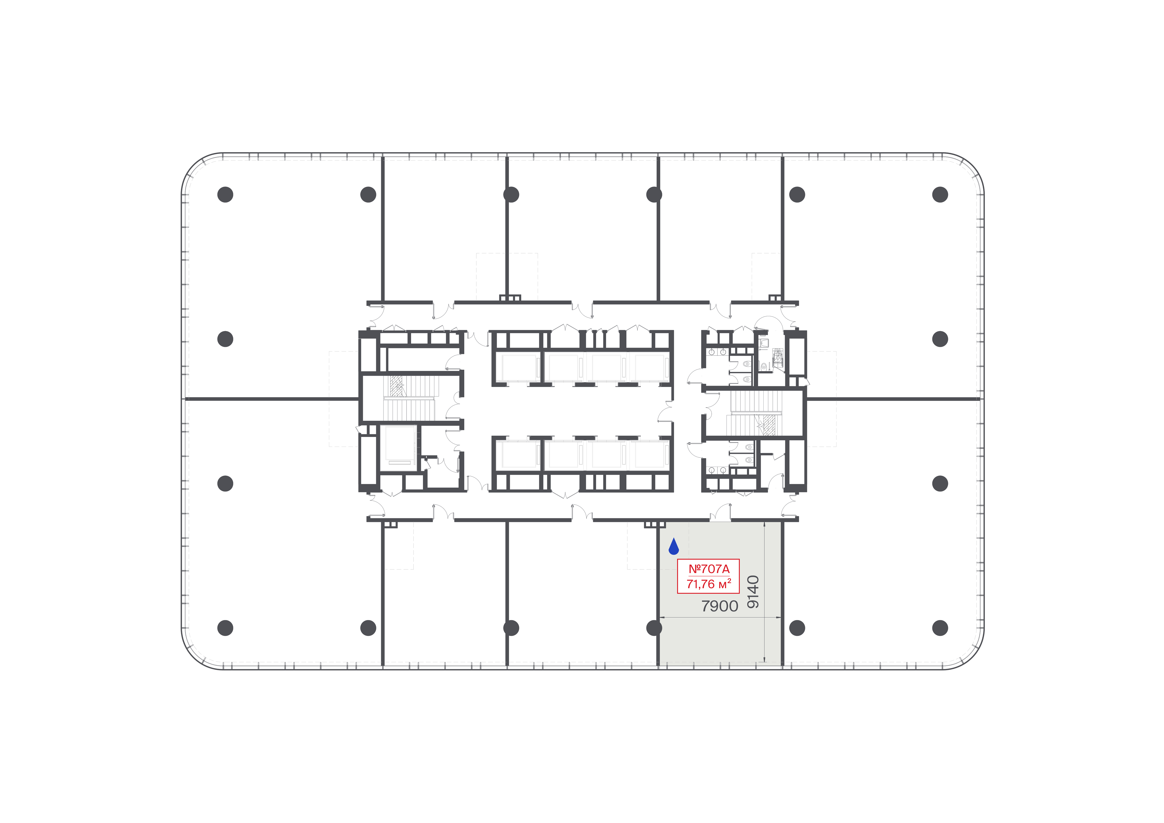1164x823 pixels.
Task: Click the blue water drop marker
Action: coord(674,547)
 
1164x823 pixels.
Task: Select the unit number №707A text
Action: coord(709,569)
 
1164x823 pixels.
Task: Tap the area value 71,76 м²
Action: coord(709,584)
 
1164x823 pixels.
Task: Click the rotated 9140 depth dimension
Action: coord(753,592)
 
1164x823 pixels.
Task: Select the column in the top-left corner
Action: coord(225,195)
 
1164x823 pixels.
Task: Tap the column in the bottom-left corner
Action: coord(225,628)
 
